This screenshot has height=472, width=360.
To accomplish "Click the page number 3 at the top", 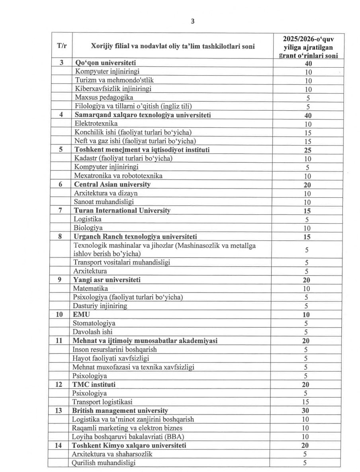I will (193, 21).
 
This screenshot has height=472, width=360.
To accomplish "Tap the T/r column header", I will (62, 46).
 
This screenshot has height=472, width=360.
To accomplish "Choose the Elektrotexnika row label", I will (96, 123).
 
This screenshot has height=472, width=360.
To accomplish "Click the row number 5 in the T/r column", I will (61, 150).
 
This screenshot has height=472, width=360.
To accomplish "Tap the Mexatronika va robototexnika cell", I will (118, 176).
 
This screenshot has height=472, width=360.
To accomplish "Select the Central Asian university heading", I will (112, 184).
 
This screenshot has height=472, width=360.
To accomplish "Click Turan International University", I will (122, 210).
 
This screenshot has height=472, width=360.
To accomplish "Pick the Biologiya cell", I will (88, 228).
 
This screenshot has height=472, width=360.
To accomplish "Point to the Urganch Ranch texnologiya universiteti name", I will (135, 236).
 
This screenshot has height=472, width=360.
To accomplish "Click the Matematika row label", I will (90, 288).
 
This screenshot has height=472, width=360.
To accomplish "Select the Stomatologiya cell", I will (94, 323).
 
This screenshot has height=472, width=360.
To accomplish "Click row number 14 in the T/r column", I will (59, 445).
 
